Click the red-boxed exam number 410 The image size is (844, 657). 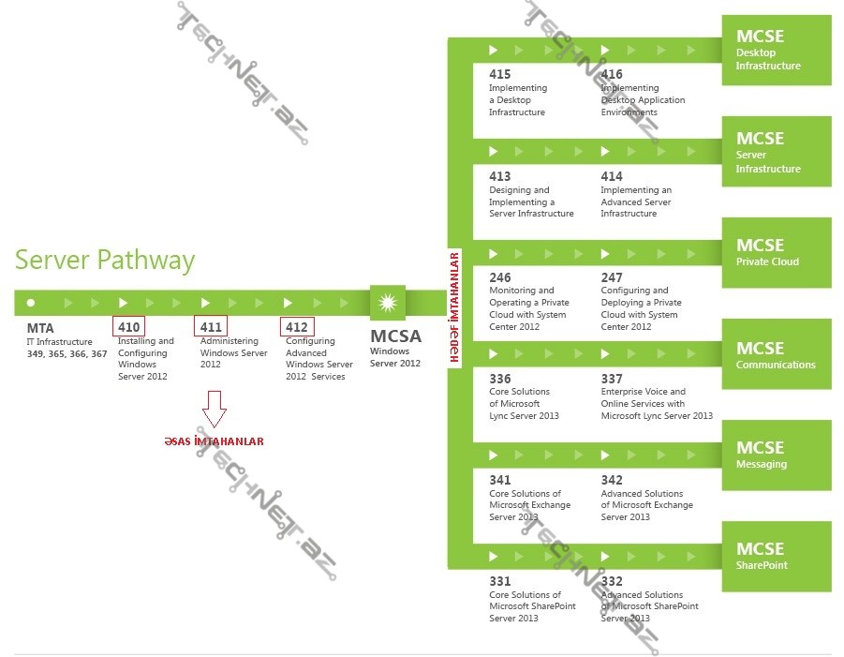click(128, 327)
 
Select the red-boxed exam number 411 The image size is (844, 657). click(211, 327)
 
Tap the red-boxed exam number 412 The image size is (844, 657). click(297, 327)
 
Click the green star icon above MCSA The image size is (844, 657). click(387, 303)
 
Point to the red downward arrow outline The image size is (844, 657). click(215, 408)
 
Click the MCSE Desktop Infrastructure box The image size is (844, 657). click(776, 51)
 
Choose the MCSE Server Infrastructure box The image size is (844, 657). click(776, 152)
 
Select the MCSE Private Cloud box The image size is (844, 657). click(776, 253)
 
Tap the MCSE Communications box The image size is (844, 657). click(776, 354)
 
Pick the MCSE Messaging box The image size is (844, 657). click(776, 455)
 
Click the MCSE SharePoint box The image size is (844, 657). click(776, 556)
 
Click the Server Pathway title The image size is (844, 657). click(105, 260)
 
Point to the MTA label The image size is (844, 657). click(40, 329)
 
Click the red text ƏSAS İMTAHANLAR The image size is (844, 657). click(214, 441)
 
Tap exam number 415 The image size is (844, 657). click(499, 74)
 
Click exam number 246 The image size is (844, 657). click(499, 277)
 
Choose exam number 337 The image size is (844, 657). click(612, 379)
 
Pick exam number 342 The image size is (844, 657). click(612, 480)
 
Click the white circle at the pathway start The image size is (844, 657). click(31, 303)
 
